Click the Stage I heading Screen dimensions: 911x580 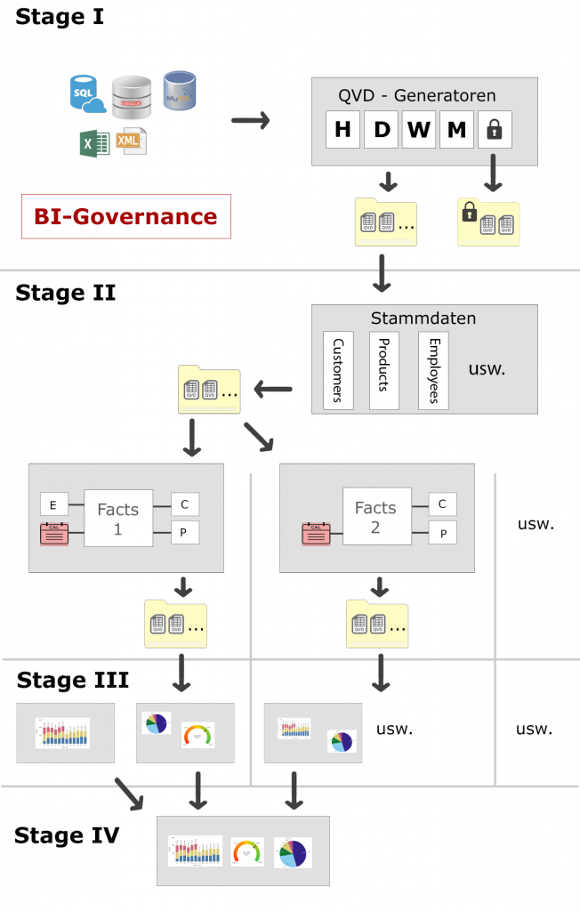pyautogui.click(x=60, y=16)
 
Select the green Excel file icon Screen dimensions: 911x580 pyautogui.click(x=94, y=143)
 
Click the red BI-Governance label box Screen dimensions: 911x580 pyautogui.click(x=125, y=216)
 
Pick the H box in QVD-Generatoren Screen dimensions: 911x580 pyautogui.click(x=342, y=130)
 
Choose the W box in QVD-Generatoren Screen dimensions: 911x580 pyautogui.click(x=418, y=130)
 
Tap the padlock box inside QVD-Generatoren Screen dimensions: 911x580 pyautogui.click(x=495, y=130)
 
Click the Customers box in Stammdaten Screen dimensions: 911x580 pyautogui.click(x=338, y=370)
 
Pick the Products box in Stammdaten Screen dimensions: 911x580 pyautogui.click(x=384, y=370)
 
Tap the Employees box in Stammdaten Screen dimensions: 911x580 pyautogui.click(x=433, y=370)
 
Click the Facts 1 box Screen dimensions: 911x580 pyautogui.click(x=117, y=517)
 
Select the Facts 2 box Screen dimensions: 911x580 pyautogui.click(x=375, y=517)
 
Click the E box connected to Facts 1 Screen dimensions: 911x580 pyautogui.click(x=53, y=505)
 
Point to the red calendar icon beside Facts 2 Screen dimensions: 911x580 pyautogui.click(x=317, y=534)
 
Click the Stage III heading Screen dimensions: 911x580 pyautogui.click(x=73, y=681)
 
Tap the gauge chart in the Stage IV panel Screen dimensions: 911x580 pyautogui.click(x=247, y=851)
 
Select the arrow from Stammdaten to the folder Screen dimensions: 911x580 pyautogui.click(x=274, y=389)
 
